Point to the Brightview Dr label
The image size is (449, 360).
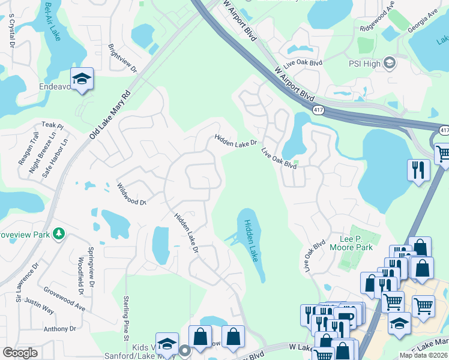122,58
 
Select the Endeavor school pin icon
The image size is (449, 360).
82,79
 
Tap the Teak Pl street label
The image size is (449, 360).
52,125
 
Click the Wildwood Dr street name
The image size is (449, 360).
132,194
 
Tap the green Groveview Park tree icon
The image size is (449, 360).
59,233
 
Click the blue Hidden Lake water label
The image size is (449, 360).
250,240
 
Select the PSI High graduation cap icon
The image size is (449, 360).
389,63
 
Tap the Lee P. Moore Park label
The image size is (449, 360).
351,243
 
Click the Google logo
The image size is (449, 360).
20,353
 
